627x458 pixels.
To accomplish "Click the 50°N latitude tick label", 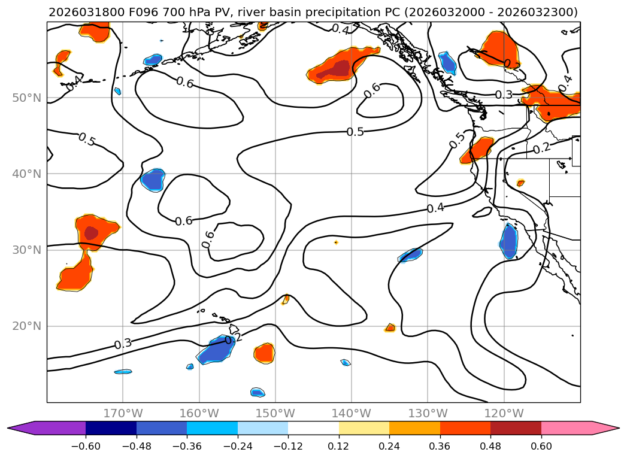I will coord(26,98).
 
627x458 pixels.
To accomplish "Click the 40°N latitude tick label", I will coord(26,174).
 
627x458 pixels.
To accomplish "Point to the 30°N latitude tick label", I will coord(26,250).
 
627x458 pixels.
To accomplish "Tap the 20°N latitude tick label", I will coord(26,326).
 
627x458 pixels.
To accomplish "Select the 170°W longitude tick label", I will coord(123,413).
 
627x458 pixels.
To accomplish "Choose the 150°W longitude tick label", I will coord(275,413).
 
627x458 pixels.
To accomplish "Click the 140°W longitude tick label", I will coord(352,413).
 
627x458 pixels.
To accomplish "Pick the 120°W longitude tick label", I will coord(504,413).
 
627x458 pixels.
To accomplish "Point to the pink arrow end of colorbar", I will coord(605,428).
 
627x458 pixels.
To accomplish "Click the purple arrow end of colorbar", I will coord(21,428).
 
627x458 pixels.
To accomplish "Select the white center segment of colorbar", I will coord(313,428).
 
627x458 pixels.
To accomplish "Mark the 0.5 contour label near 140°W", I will coord(355,132).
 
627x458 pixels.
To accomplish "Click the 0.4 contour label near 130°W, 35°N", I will coord(435,208).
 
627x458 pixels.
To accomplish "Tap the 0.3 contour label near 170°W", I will coord(123,344).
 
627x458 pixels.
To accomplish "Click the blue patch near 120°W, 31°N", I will coord(508,241).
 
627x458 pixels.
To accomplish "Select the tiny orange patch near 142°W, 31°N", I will coord(336,242).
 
